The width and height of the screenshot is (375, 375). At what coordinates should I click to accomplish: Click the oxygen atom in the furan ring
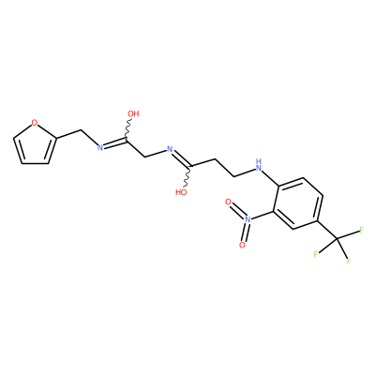35,123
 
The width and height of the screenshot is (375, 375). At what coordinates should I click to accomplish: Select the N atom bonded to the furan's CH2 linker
100,147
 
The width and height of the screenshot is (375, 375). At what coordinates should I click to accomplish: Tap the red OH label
133,113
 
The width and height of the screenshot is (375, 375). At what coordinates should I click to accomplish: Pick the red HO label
181,192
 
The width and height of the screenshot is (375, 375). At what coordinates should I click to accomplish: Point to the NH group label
258,165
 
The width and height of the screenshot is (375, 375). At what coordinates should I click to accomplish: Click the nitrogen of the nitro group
247,219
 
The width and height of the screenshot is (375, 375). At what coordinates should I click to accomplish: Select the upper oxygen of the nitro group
228,202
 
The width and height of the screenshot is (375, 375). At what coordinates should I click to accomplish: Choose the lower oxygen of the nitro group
242,245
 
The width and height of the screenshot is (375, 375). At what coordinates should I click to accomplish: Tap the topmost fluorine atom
362,231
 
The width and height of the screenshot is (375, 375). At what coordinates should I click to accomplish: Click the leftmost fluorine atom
316,254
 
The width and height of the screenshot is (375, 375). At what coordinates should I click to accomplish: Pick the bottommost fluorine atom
348,262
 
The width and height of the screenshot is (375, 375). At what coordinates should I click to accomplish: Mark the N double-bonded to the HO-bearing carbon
170,149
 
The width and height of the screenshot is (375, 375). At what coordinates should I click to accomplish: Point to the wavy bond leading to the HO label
187,176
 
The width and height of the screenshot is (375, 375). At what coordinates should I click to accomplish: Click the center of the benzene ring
298,204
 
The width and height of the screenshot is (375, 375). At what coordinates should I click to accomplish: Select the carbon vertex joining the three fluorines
337,239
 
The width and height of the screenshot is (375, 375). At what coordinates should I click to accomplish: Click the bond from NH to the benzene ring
271,177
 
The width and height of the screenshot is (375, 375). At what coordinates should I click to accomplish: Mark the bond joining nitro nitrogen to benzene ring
262,215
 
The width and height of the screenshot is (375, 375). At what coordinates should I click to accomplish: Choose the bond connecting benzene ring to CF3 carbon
327,231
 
